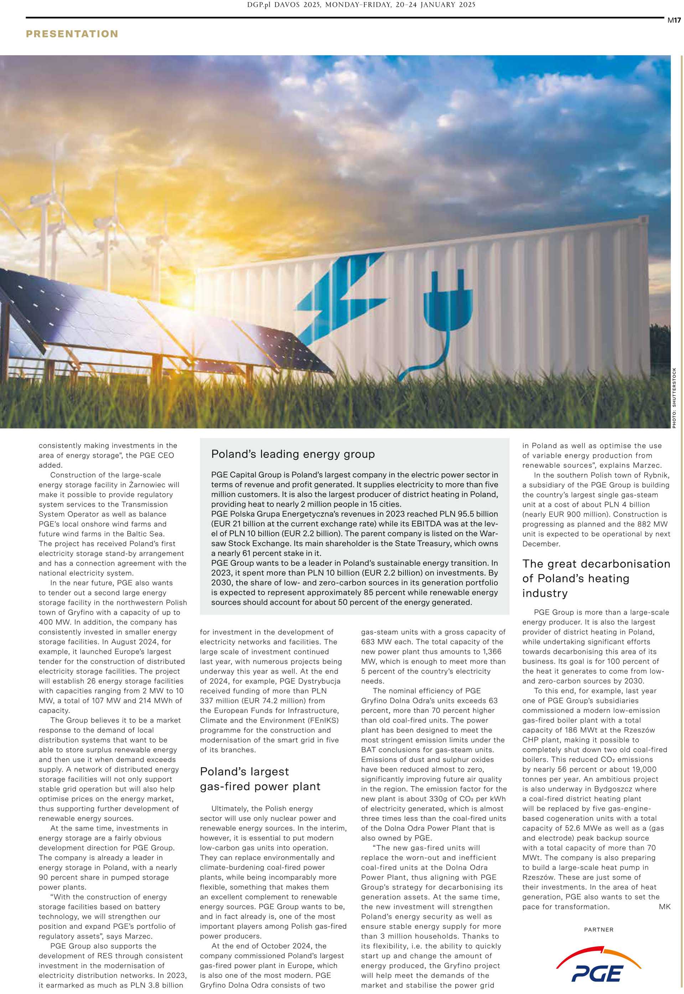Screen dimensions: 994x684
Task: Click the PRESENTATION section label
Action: tap(72, 34)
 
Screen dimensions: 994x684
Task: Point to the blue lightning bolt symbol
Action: tap(338, 292)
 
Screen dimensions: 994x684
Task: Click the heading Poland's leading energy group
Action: tap(293, 454)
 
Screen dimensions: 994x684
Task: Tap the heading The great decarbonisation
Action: tap(596, 564)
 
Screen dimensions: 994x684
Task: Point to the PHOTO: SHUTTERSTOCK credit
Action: tap(674, 398)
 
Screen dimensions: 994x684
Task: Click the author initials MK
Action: tap(664, 907)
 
